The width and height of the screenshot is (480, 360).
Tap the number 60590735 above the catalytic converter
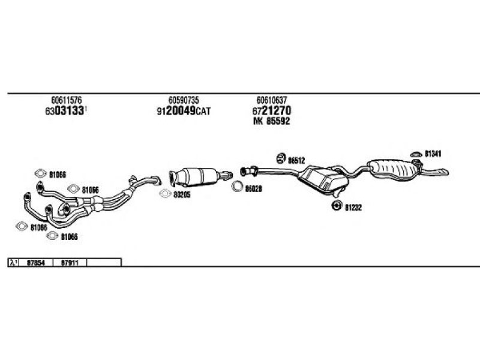click(184, 100)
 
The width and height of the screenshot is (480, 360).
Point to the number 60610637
click(271, 100)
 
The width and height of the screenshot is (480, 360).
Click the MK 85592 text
click(271, 122)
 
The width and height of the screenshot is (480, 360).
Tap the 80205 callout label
click(182, 195)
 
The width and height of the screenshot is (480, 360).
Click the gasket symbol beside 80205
click(164, 194)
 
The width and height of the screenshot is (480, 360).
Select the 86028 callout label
click(254, 188)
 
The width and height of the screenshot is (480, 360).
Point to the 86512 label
click(297, 160)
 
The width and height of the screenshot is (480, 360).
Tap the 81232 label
click(353, 207)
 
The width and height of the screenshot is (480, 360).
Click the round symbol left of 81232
click(336, 206)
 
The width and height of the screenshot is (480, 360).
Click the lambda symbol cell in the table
click(14, 263)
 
